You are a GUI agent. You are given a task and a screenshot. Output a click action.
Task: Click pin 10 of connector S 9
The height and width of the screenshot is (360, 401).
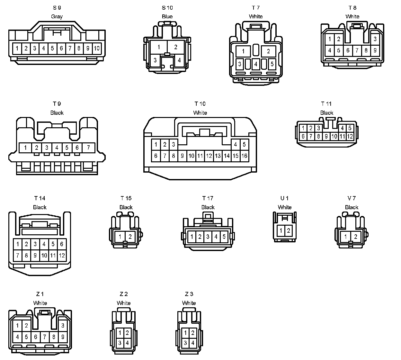97,49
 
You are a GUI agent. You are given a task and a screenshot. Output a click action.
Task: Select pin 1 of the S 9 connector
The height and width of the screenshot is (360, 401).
17,49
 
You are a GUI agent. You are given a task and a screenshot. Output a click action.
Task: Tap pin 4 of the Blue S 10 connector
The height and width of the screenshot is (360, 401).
179,60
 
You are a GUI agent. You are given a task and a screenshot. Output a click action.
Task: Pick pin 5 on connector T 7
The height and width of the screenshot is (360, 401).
272,64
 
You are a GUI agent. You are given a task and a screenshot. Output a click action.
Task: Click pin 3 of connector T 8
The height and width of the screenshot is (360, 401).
375,39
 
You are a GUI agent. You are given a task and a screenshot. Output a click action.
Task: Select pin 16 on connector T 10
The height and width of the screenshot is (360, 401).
244,156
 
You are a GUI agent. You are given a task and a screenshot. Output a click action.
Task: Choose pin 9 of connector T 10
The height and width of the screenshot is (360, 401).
182,156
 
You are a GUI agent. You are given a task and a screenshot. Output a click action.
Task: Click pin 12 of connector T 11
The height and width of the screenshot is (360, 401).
350,136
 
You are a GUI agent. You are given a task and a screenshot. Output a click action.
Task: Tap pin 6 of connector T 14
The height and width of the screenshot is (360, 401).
62,244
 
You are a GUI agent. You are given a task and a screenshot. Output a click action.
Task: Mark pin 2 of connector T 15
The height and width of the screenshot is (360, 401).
130,237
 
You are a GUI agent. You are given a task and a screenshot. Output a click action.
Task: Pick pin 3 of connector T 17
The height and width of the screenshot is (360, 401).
208,237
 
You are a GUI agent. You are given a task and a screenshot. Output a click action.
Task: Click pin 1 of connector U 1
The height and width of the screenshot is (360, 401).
281,230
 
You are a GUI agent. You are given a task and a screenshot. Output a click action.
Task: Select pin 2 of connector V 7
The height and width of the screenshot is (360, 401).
356,237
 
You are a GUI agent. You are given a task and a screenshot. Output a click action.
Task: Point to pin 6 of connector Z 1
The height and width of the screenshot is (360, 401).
36,337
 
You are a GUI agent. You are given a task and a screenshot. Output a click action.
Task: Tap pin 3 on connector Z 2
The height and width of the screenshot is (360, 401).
120,343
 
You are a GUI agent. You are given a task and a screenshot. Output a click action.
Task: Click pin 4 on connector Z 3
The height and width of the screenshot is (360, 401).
193,343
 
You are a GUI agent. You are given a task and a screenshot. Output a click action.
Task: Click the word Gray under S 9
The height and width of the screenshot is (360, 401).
57,16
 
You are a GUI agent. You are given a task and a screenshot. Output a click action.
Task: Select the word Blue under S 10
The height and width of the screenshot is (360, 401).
167,16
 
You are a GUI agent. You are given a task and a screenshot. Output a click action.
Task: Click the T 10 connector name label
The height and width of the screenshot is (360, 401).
200,104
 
